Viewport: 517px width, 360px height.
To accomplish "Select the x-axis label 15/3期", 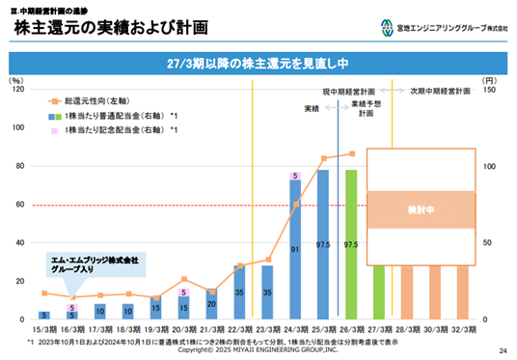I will (42, 329).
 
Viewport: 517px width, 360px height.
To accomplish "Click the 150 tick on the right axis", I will (490, 89).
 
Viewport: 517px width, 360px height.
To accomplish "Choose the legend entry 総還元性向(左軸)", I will (105, 99).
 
